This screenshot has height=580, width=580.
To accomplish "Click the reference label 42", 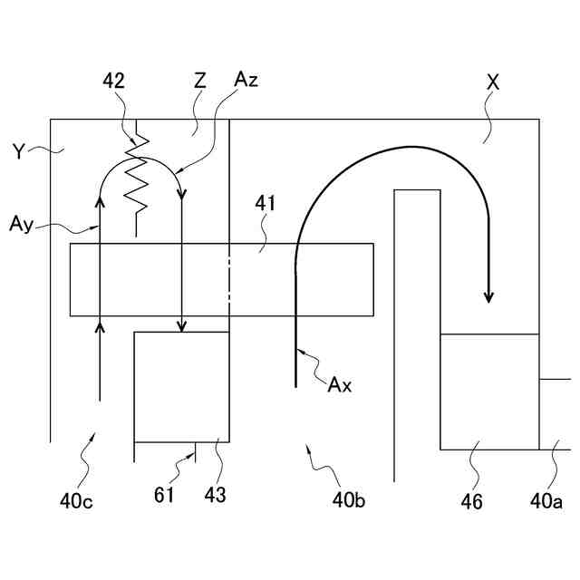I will click(114, 82).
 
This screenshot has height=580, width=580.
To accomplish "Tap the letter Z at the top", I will click(199, 81).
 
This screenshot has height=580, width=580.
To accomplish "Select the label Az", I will click(245, 81).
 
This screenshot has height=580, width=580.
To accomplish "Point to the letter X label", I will click(493, 81).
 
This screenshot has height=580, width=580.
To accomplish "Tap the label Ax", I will click(340, 384).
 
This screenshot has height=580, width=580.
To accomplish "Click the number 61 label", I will click(164, 495).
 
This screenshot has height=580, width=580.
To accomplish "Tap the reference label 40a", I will click(546, 498).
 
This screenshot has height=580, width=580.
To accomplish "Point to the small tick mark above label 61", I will click(196, 451).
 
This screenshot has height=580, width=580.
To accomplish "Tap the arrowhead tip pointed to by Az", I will click(182, 192).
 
